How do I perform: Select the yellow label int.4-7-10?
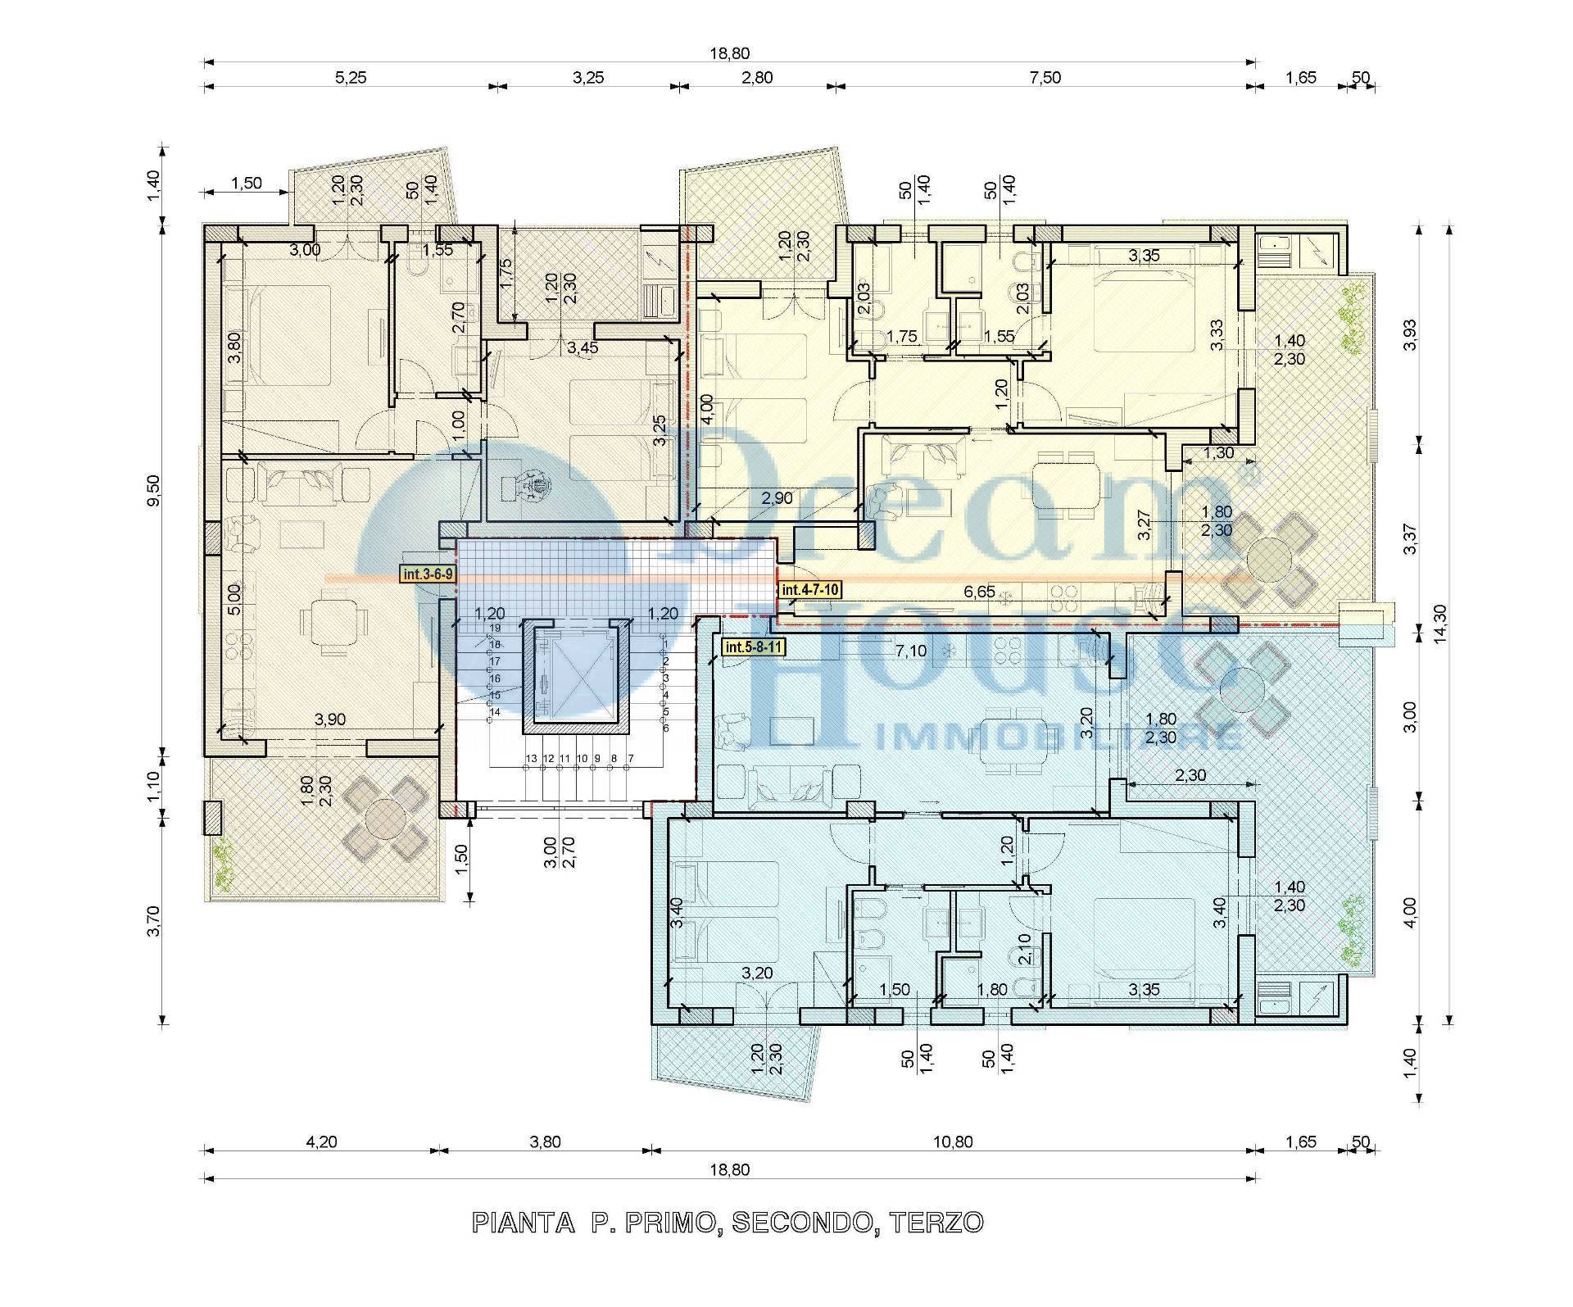[810, 589]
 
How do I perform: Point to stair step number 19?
[495, 628]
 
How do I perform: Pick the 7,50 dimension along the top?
[1045, 78]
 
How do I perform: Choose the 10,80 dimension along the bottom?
[953, 1142]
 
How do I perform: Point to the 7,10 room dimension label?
[910, 651]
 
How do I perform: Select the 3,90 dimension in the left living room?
[329, 719]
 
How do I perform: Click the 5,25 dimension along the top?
[351, 78]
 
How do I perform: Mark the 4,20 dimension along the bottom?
[321, 1142]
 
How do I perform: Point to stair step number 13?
[532, 759]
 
